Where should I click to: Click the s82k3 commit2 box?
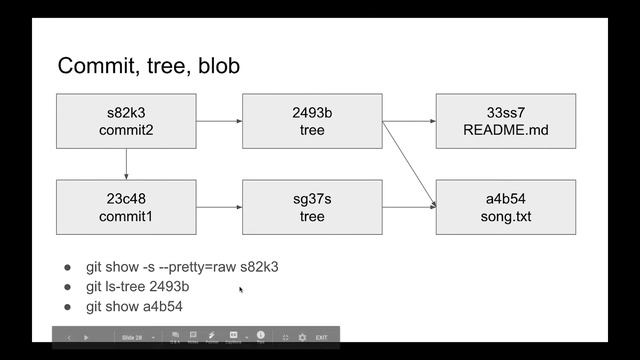coord(126,121)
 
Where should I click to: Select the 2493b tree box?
coord(312,121)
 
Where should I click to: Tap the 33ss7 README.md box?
coord(505,121)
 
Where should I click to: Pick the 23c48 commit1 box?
coord(126,207)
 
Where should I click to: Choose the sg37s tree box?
coord(312,207)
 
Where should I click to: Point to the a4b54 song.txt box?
coord(505,207)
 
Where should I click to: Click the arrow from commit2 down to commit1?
coord(126,164)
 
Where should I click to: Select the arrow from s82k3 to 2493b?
coord(219,121)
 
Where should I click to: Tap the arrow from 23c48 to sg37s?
coord(219,207)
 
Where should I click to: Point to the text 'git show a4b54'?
coord(134,306)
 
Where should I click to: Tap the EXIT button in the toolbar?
coord(321,338)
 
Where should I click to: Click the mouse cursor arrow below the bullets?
coord(241,290)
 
